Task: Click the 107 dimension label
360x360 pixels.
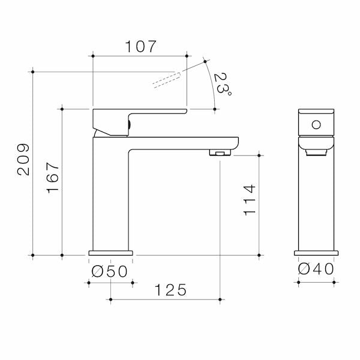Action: coord(140,46)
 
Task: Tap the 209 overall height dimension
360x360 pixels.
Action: coord(23,159)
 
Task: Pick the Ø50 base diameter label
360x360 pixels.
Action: coord(109,271)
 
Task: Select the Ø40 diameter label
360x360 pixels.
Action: coord(316,271)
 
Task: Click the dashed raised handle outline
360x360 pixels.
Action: coord(167,79)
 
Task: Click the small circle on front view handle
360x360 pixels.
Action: coord(315,124)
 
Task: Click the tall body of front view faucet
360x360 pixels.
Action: coord(316,204)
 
